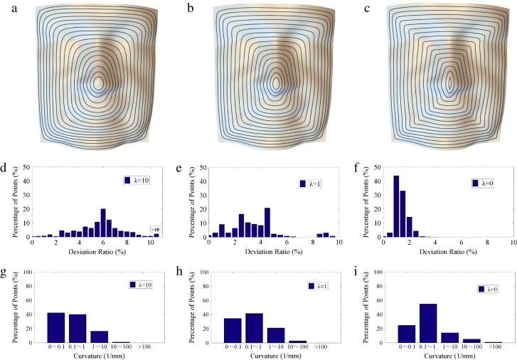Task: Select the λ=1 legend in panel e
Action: coord(310,184)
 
